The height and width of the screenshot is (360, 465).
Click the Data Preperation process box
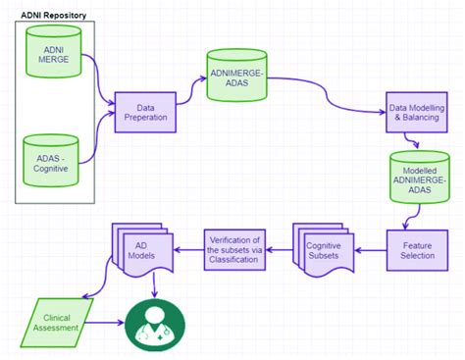coord(150,114)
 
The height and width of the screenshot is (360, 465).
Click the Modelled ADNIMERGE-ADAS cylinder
coord(419,179)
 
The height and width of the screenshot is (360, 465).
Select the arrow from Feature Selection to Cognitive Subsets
coord(370,249)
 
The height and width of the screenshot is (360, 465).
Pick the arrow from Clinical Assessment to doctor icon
coord(109,320)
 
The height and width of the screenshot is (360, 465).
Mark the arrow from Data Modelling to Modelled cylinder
coord(417,142)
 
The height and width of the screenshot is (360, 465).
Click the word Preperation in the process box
coord(150,119)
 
